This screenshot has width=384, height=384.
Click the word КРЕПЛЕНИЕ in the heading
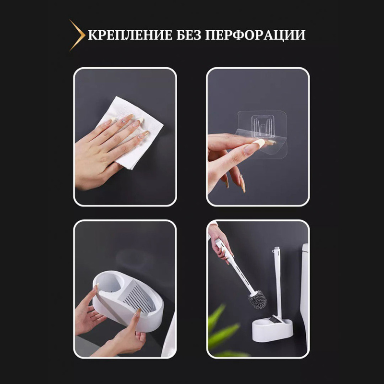coord(130,36)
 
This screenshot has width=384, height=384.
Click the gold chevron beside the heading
coord(77,35)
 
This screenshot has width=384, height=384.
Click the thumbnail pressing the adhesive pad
coord(260,143)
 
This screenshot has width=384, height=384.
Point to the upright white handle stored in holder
coord(277,283)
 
